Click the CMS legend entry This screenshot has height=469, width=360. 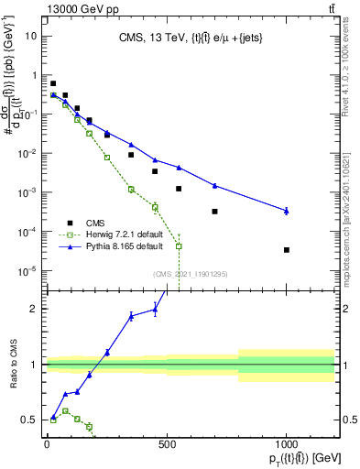click(93, 221)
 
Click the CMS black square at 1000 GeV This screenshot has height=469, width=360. click(287, 249)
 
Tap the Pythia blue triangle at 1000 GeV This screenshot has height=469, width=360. click(287, 211)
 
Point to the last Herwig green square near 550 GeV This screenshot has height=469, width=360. click(179, 245)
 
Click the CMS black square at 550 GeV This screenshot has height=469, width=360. click(179, 189)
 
